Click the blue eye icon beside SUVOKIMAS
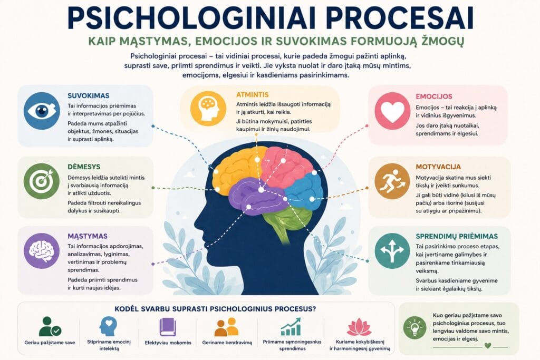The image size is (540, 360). pos(42,111)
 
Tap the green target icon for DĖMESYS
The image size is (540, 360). pos(42,181)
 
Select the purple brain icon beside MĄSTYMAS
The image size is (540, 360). pos(42,250)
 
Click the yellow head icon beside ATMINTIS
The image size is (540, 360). pos(208,109)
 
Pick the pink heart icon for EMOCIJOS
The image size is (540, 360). pos(392,111)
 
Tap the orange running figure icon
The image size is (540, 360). pos(392,181)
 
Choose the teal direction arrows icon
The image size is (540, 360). pos(392,250)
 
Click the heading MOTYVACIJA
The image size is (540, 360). pos(438,167)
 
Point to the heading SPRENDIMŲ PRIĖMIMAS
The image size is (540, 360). pos(457,236)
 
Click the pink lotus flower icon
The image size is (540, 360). pos(359,327)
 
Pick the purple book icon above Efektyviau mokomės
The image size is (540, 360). pos(168,327)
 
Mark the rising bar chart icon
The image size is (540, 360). pos(291,326)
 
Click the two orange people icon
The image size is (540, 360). pos(227,327)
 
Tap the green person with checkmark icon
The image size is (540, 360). pos(50,326)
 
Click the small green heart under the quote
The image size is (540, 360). pos(487,345)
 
